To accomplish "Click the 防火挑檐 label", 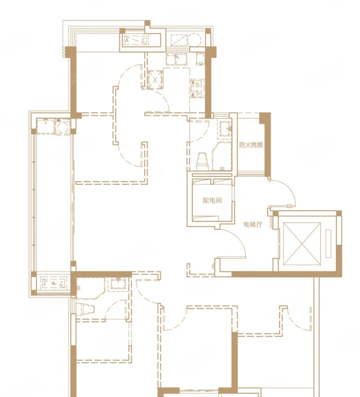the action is click(251, 145).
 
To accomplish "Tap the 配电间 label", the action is click(212, 200).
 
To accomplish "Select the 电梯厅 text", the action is click(253, 224).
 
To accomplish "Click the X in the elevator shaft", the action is click(302, 244).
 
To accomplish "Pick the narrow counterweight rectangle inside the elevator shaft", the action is click(329, 244).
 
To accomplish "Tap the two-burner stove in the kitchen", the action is click(197, 88).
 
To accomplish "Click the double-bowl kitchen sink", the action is click(177, 59).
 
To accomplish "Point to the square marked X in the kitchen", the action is click(155, 80).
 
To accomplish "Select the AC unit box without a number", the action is click(135, 40).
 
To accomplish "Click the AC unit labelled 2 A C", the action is click(53, 284).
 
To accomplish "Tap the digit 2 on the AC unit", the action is click(45, 283).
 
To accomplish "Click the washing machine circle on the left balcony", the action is click(63, 126).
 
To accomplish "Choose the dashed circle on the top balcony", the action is click(195, 40).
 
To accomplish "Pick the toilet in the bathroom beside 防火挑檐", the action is click(202, 161).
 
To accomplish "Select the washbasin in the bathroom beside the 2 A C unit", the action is click(119, 284).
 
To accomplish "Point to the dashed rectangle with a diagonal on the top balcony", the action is click(179, 40).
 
